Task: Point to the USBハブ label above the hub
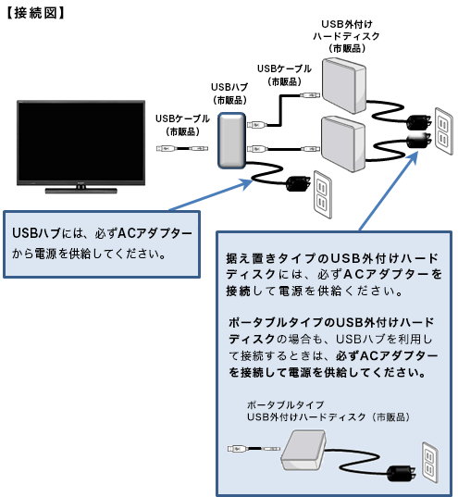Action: [229, 93]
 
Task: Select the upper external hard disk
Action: [347, 86]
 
